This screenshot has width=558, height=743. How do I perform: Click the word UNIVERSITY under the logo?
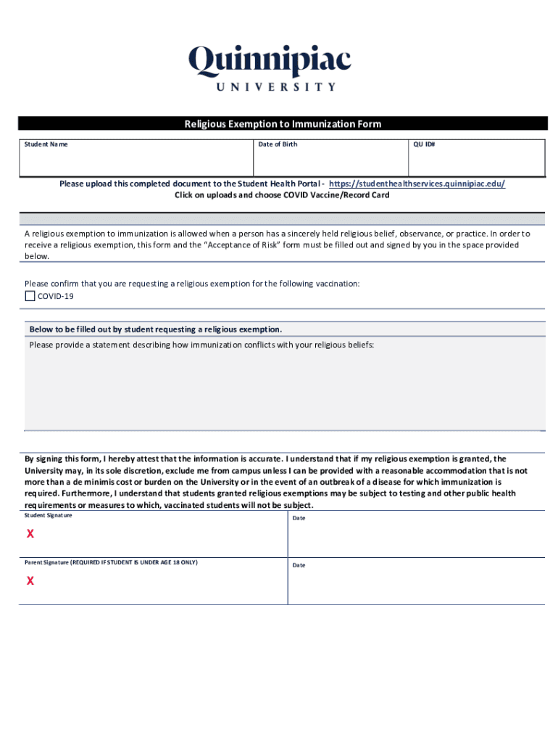click(x=276, y=86)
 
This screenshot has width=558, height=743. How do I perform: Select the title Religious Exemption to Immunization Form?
click(x=283, y=124)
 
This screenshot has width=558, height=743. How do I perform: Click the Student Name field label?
click(x=46, y=144)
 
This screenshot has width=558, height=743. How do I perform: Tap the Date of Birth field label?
click(x=278, y=144)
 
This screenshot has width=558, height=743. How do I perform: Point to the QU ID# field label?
click(x=424, y=144)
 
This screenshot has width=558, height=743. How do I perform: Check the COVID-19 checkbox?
click(x=30, y=296)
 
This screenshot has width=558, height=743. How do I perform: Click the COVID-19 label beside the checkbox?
click(x=56, y=296)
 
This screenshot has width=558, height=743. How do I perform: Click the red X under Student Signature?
click(x=30, y=534)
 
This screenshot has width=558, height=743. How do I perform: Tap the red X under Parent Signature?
click(x=30, y=580)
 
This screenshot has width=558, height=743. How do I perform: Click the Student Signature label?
click(x=48, y=515)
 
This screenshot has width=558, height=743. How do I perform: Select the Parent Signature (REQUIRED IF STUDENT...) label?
click(x=111, y=562)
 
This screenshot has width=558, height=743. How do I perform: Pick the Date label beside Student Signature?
click(x=299, y=518)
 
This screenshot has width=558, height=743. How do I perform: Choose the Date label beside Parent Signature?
click(x=299, y=565)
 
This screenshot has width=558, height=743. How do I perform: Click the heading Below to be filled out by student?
click(x=156, y=329)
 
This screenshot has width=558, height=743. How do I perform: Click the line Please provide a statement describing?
click(x=201, y=345)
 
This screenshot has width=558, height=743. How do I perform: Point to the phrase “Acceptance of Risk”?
click(x=243, y=245)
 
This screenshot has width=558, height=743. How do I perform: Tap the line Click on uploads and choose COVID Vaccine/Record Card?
click(x=282, y=195)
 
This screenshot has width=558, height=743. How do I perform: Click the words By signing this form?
click(x=63, y=459)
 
